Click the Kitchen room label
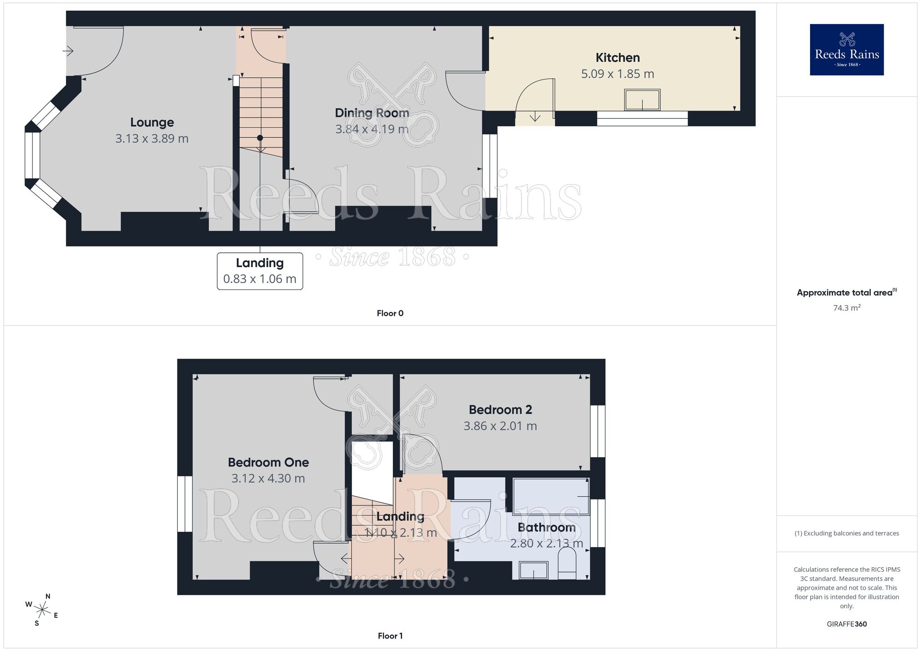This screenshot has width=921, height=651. (618, 58)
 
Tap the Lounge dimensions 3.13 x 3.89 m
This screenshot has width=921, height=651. (152, 139)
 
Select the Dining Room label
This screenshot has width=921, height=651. (372, 113)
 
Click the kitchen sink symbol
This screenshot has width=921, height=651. (642, 100)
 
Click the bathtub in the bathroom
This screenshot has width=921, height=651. (551, 496)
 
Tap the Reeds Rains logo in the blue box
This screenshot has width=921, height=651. (846, 50)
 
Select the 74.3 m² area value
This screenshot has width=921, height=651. (846, 308)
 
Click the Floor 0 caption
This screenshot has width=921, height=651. (390, 314)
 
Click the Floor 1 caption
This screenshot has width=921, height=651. (390, 636)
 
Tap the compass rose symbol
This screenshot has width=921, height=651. (42, 610)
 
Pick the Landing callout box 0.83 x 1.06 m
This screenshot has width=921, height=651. (260, 271)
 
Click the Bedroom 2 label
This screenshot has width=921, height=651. (500, 410)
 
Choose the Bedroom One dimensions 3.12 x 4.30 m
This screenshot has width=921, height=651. (268, 479)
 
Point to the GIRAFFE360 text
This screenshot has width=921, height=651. (846, 624)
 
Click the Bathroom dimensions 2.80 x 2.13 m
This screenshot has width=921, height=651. (546, 544)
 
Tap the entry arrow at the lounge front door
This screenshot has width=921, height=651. (68, 51)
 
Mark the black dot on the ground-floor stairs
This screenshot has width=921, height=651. (260, 138)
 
